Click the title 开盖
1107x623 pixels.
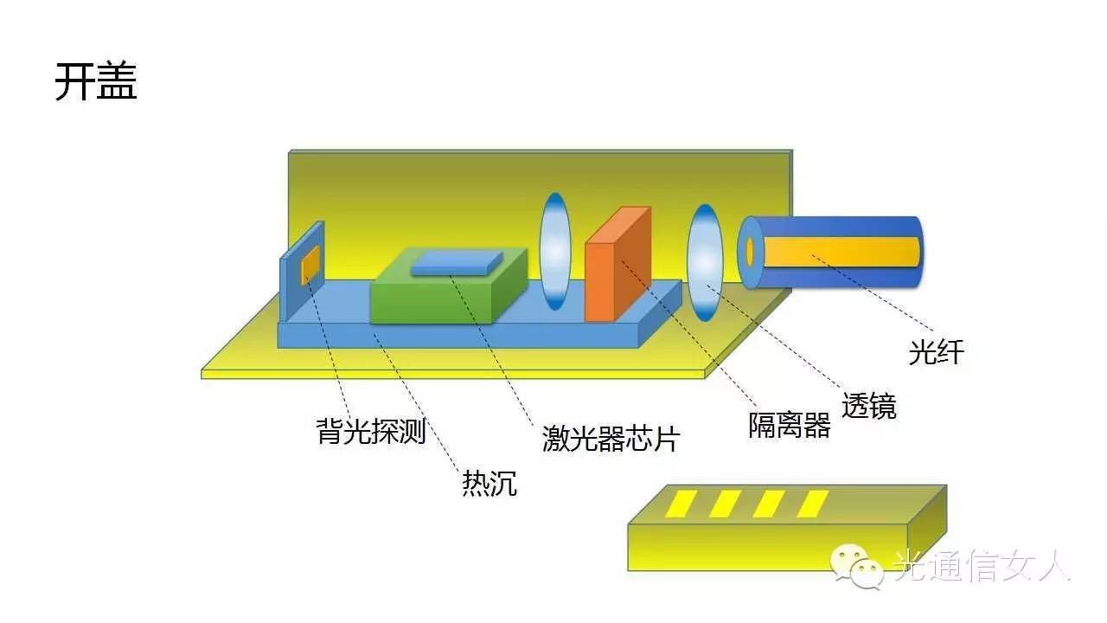[x=96, y=82]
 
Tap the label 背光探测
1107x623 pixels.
[x=371, y=430]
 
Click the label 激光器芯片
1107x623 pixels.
[x=610, y=438]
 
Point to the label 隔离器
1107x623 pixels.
[x=789, y=425]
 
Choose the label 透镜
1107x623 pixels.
[x=869, y=405]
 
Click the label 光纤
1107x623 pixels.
[x=936, y=351]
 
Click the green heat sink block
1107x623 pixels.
[x=432, y=299]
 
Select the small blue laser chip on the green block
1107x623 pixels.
[x=457, y=262]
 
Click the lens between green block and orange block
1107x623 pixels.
[x=555, y=251]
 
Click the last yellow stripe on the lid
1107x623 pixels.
[x=813, y=504]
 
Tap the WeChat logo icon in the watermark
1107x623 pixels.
[x=856, y=567]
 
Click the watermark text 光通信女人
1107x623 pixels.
[x=982, y=566]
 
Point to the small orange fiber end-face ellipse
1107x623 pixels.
[x=750, y=251]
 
